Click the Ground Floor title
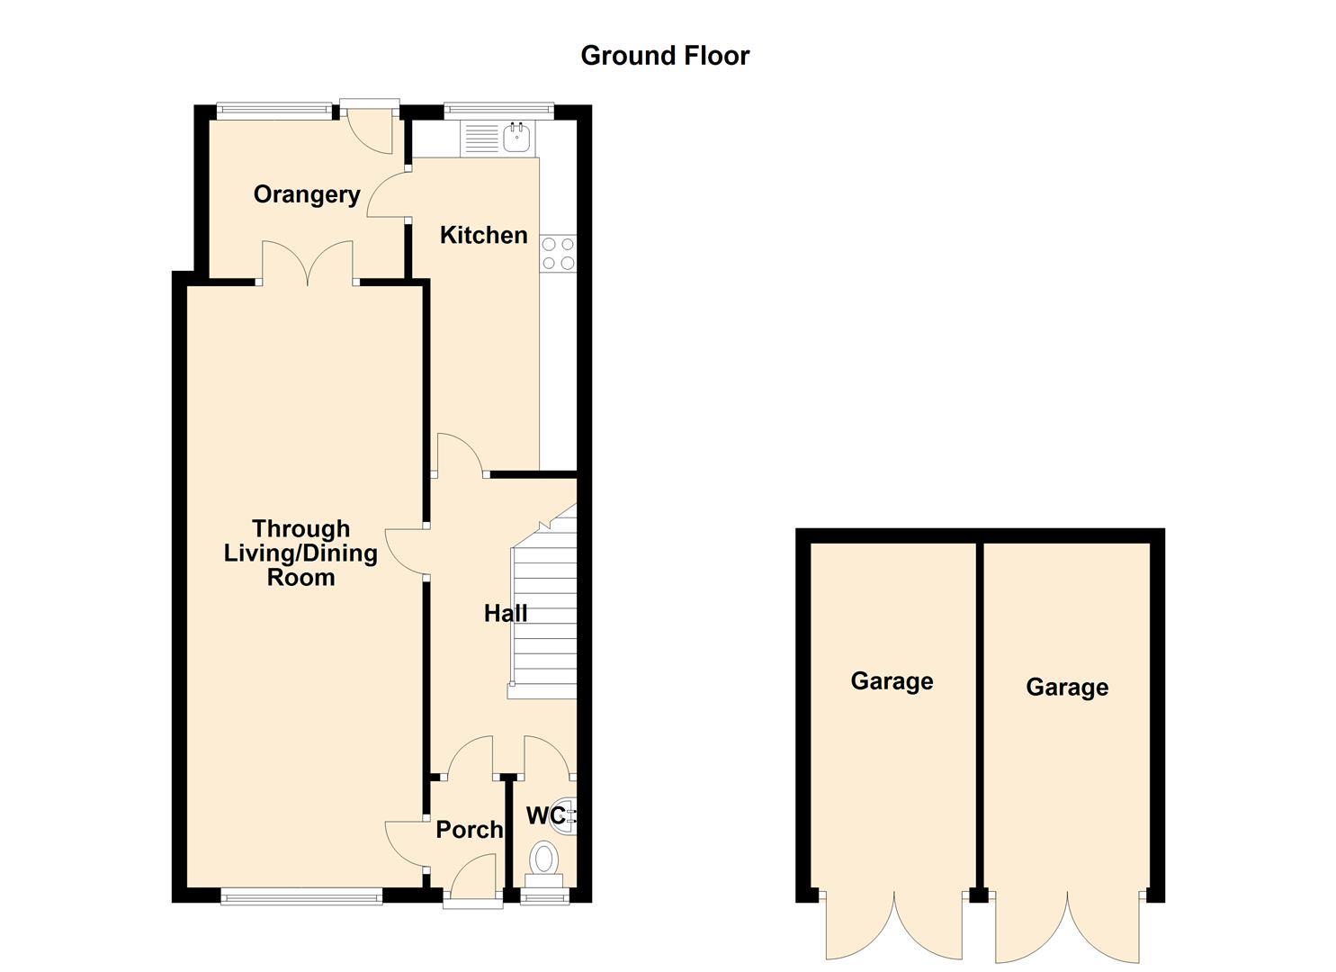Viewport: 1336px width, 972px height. pyautogui.click(x=664, y=56)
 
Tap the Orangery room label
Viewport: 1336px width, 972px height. pyautogui.click(x=306, y=194)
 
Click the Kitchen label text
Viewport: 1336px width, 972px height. pyautogui.click(x=483, y=235)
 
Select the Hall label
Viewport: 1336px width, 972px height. pyautogui.click(x=505, y=614)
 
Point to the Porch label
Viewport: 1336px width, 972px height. pyautogui.click(x=469, y=830)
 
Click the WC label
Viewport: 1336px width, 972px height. pyautogui.click(x=545, y=815)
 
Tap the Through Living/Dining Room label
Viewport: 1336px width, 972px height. pyautogui.click(x=300, y=553)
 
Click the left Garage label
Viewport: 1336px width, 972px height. pyautogui.click(x=892, y=681)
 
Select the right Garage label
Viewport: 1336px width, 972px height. pyautogui.click(x=1067, y=688)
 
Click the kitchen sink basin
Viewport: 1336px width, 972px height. pyautogui.click(x=516, y=138)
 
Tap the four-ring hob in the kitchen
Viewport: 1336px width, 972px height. pyautogui.click(x=558, y=254)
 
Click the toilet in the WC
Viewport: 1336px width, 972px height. pyautogui.click(x=543, y=859)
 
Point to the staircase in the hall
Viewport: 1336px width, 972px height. pyautogui.click(x=544, y=612)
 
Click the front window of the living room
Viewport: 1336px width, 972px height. pyautogui.click(x=301, y=895)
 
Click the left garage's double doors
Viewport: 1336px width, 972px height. pyautogui.click(x=894, y=927)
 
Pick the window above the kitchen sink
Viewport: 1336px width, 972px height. pyautogui.click(x=498, y=110)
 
